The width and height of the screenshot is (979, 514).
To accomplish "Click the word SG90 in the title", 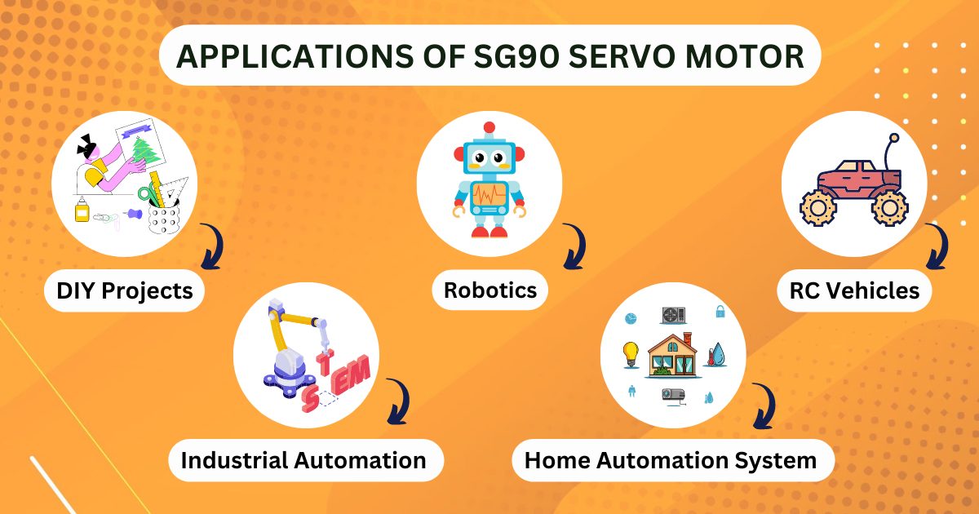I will point(508,56).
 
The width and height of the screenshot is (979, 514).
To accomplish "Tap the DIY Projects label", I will point(125,290).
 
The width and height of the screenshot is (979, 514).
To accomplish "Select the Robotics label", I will point(490,290).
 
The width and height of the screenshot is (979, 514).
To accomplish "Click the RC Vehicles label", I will point(854,290).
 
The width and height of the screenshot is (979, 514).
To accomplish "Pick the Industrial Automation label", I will point(303,460).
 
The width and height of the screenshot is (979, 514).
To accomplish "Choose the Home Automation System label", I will point(670,460).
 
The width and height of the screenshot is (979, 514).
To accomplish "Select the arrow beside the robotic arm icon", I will point(397,402).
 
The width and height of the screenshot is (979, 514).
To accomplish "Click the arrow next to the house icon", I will point(763,406).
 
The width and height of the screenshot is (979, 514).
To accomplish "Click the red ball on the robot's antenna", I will point(489,128).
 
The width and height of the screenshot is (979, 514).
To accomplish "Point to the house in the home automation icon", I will point(672,355).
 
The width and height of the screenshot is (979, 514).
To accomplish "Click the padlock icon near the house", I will point(720,311).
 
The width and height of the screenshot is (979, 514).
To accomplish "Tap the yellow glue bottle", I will point(82,211).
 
